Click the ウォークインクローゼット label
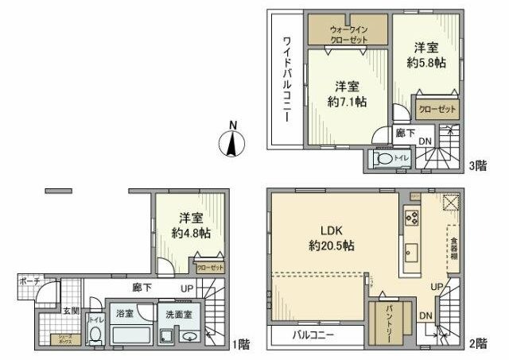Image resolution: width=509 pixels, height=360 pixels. click(348, 32)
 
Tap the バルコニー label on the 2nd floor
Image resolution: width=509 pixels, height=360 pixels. click(311, 335)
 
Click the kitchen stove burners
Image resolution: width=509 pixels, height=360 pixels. click(412, 215)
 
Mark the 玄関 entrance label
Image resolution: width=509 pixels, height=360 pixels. click(49, 310)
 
